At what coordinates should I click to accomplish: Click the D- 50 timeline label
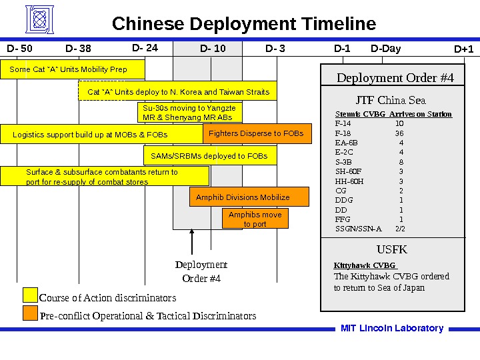point(19,48)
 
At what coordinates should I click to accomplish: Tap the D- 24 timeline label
point(145,48)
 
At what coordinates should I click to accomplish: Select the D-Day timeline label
point(386,48)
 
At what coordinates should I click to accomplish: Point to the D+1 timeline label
point(463,49)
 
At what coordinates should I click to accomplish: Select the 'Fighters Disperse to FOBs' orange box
point(255,133)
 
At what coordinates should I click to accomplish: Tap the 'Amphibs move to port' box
point(255,219)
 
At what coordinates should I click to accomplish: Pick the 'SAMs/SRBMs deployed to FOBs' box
point(209,156)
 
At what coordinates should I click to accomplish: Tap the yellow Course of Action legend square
point(30,295)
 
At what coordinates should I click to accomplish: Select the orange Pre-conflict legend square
point(30,313)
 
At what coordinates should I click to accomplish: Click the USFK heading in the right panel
point(391,250)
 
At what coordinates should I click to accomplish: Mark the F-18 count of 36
point(399,133)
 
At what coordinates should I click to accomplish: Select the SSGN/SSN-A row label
point(359,229)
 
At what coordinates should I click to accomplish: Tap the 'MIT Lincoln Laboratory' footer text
point(392,328)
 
